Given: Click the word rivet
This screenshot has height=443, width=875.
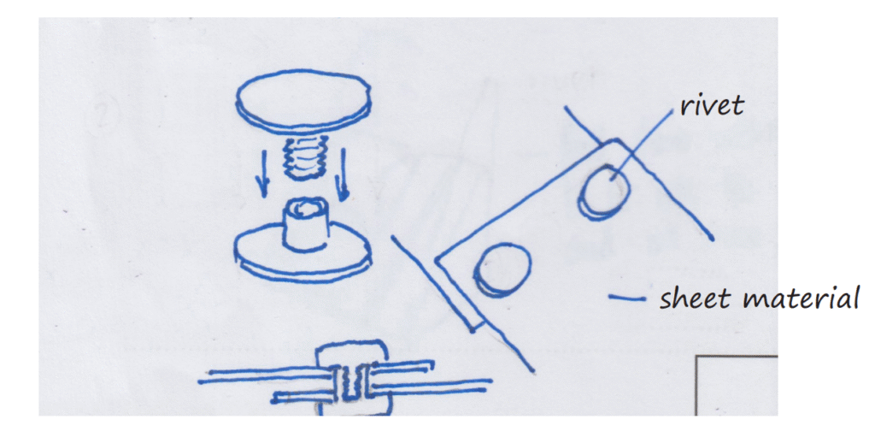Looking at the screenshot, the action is (x=712, y=105).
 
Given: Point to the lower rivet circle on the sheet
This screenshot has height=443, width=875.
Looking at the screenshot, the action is (x=502, y=270).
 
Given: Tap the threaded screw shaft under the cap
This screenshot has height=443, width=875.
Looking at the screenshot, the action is (x=303, y=158).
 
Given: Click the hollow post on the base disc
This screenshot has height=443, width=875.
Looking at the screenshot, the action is (x=304, y=222).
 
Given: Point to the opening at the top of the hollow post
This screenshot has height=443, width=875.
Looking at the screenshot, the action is (x=305, y=207).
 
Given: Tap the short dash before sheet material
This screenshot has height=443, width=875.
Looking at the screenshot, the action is (x=626, y=298).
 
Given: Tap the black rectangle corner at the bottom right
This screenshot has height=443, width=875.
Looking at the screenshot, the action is (x=697, y=357).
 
